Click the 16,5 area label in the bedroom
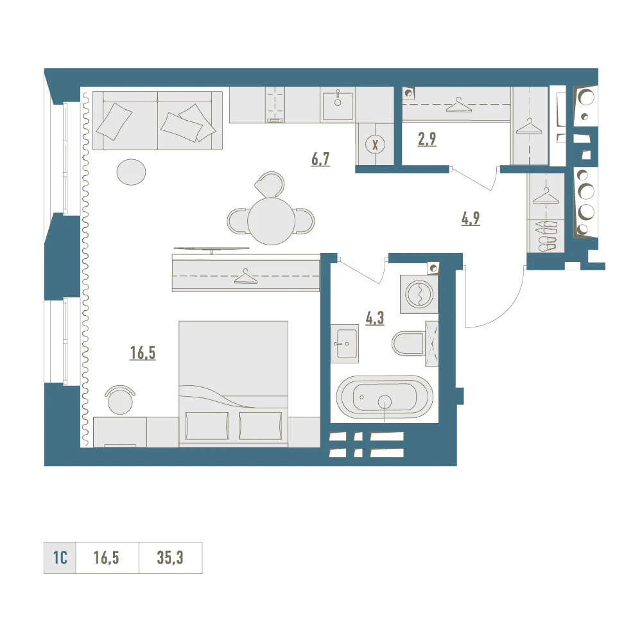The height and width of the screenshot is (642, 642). click(x=143, y=352)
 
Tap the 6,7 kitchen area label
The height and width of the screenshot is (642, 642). click(x=320, y=159)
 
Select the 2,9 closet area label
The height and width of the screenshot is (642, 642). click(x=427, y=139)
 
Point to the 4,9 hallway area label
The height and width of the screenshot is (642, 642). click(x=471, y=219)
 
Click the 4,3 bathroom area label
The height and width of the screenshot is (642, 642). click(x=375, y=318)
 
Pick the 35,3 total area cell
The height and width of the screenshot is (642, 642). click(x=170, y=558)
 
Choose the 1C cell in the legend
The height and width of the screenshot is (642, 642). click(x=60, y=558)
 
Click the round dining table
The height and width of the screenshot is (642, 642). click(x=271, y=221)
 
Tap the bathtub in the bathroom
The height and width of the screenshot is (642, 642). click(x=385, y=397)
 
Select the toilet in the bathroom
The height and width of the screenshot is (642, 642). click(x=408, y=343)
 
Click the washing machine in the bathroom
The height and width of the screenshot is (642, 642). click(x=419, y=293)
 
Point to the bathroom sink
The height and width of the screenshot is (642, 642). click(x=345, y=343)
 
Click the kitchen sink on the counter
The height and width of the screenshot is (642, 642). click(x=338, y=105)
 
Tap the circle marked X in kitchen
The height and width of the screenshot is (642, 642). click(x=375, y=144)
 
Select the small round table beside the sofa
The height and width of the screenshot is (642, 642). click(x=131, y=172)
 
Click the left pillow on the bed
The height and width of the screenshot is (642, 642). click(x=207, y=426)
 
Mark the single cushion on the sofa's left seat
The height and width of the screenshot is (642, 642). click(x=114, y=121)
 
